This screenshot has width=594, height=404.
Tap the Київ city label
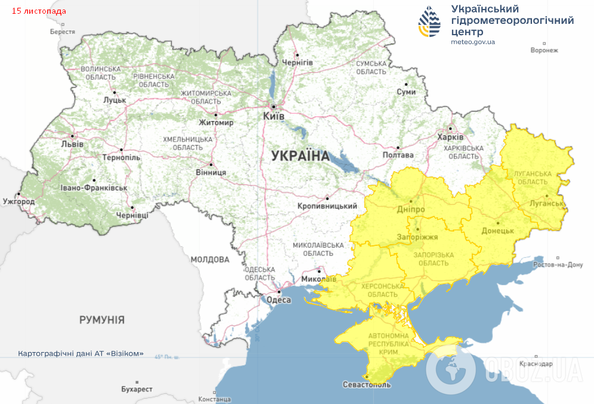click(273, 116)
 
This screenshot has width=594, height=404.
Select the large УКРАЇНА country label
click(300, 156)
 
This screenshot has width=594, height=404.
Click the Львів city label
click(72, 144)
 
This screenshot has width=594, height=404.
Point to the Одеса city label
click(279, 300)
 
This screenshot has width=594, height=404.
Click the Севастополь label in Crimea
click(367, 384)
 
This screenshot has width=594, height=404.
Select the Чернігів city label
click(297, 63)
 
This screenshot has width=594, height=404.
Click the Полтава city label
click(398, 155)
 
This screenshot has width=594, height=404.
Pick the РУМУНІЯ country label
click(102, 320)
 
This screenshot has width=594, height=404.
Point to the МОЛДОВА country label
click(210, 260)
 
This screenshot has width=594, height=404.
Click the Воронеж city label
click(544, 50)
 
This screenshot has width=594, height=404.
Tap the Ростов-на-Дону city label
click(558, 264)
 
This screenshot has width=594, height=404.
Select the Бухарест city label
click(137, 389)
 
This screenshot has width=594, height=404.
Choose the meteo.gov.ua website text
click(472, 42)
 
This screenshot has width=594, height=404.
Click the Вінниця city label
click(211, 172)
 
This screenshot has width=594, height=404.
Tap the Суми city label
click(406, 92)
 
